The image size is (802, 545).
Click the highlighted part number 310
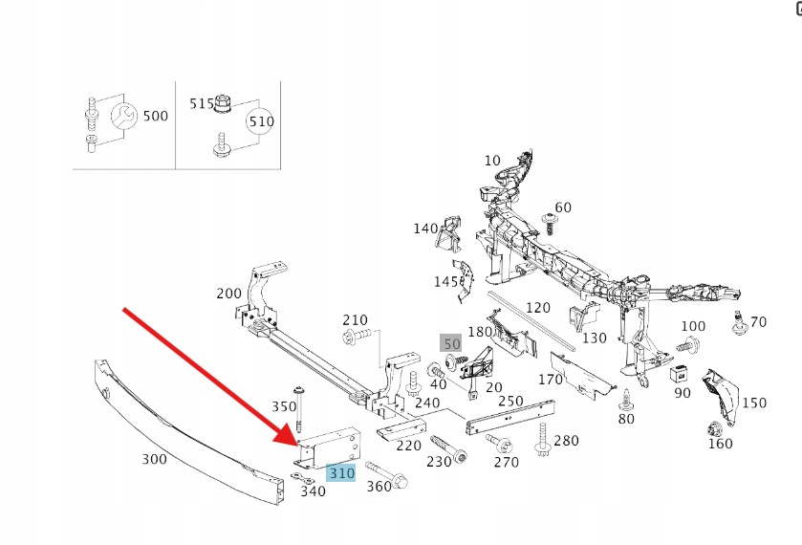pyautogui.click(x=340, y=472)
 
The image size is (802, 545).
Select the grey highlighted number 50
pyautogui.click(x=451, y=343)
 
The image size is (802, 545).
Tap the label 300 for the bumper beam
pyautogui.click(x=155, y=459)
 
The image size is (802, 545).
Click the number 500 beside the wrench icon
pyautogui.click(x=155, y=116)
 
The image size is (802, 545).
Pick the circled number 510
pyautogui.click(x=261, y=121)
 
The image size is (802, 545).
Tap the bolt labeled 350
pyautogui.click(x=299, y=408)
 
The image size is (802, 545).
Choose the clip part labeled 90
pyautogui.click(x=682, y=372)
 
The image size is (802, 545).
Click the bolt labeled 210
pyautogui.click(x=350, y=337)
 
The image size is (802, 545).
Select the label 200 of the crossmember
pyautogui.click(x=229, y=294)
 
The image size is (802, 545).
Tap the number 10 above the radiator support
pyautogui.click(x=492, y=160)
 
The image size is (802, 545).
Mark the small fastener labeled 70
pyautogui.click(x=739, y=323)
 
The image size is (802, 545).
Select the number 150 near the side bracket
pyautogui.click(x=754, y=403)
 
